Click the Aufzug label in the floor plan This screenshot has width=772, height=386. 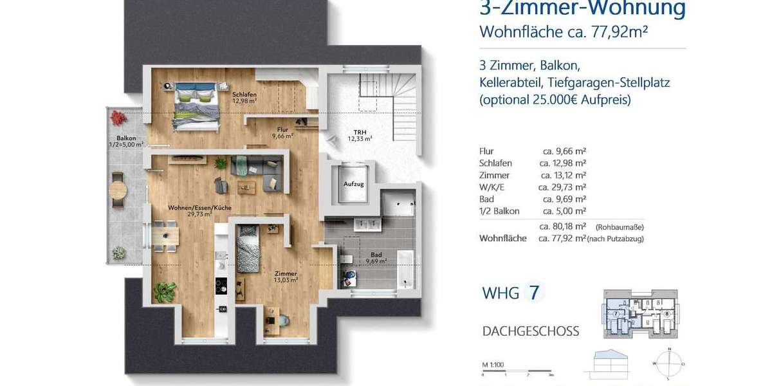[x=354, y=184]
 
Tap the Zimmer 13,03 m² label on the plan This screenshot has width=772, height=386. [x=286, y=276]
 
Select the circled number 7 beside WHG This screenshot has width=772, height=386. [x=533, y=293]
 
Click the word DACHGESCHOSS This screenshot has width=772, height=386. [x=531, y=331]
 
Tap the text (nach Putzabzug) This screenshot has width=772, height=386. [x=616, y=239]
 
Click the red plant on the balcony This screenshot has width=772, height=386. [x=117, y=118]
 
